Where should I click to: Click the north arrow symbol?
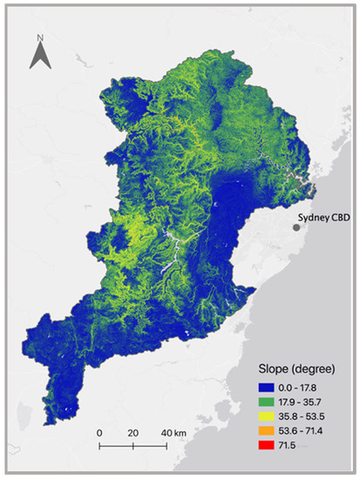click(x=39, y=57)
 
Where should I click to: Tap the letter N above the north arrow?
click(x=39, y=38)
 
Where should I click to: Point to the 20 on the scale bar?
click(x=132, y=432)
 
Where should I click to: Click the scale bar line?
click(x=132, y=446)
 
